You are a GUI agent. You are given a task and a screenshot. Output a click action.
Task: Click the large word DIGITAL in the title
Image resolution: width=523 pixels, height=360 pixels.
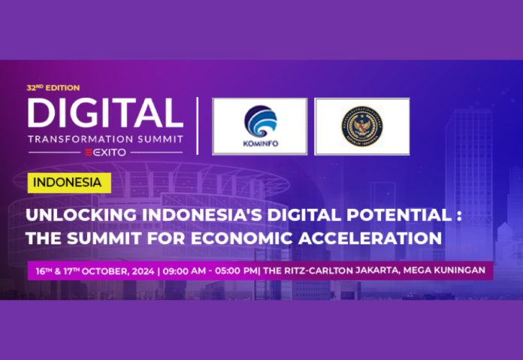coord(105,113)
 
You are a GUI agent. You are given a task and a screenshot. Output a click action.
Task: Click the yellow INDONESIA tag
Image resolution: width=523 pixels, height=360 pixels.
coord(68,182)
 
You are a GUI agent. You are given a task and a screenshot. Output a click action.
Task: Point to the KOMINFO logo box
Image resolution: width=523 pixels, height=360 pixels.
coord(259,126)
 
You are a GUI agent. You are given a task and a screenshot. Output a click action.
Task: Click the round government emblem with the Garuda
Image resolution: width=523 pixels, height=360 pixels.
coord(362,126)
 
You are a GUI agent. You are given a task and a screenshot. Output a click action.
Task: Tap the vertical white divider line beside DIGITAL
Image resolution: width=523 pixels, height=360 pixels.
coord(198,125)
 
